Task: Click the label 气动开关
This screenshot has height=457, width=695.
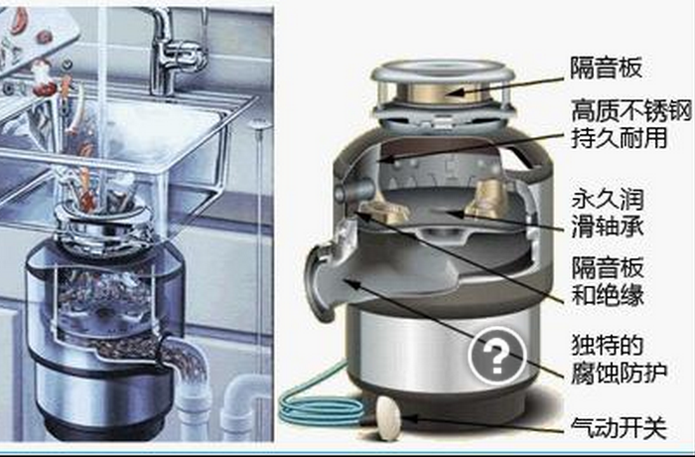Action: point(619,428)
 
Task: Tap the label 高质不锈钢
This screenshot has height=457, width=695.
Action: point(631,111)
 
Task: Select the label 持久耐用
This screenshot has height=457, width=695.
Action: point(619,138)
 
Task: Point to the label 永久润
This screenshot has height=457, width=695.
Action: point(608,200)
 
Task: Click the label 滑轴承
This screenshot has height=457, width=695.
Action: point(608,227)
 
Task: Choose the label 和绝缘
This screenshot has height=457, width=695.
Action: point(608,295)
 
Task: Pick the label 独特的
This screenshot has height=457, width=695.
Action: point(608,345)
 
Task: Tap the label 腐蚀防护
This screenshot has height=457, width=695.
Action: point(619,373)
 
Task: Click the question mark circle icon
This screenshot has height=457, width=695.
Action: point(496,356)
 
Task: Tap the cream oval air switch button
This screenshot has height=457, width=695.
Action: point(388,418)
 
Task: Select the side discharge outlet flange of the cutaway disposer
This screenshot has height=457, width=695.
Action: point(318,282)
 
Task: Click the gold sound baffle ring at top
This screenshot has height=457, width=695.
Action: point(443,92)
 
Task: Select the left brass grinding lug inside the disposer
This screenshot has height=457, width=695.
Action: point(383,212)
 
